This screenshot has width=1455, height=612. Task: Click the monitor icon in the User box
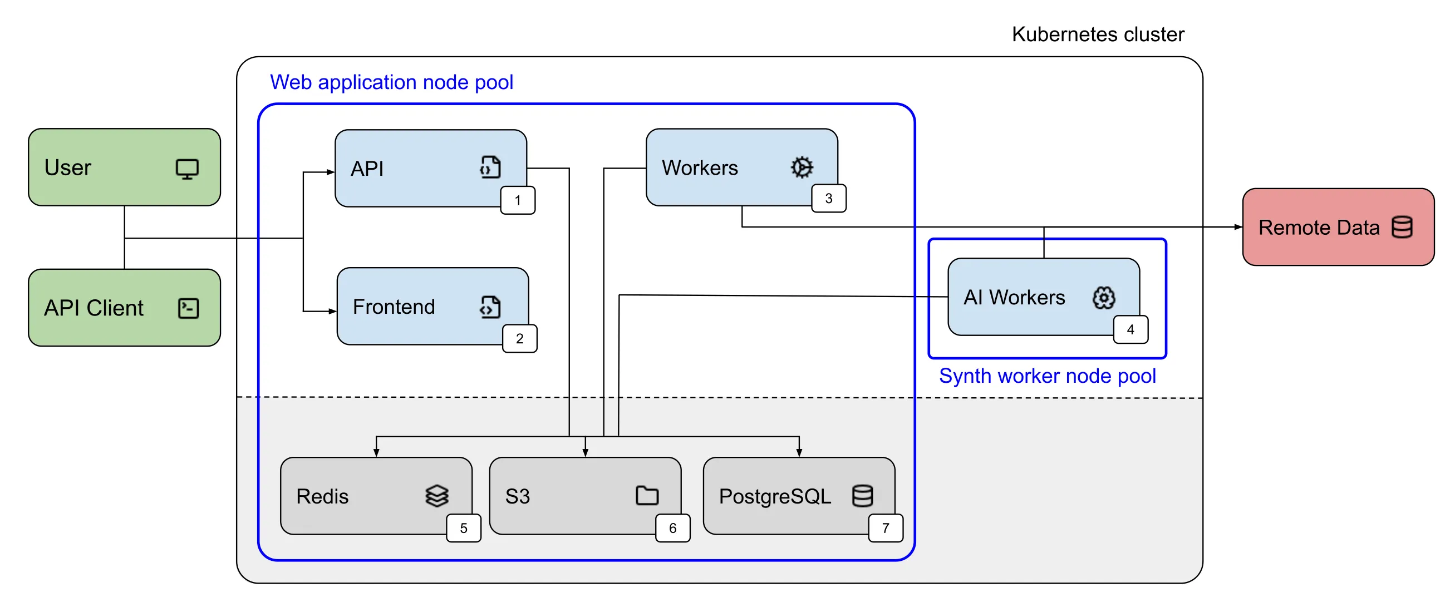tap(187, 169)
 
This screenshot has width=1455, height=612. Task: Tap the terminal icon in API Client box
tap(188, 308)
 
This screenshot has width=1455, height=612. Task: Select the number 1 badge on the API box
tap(518, 200)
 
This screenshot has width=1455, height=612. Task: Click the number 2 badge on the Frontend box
tap(520, 339)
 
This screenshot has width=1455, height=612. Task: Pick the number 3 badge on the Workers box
tap(828, 199)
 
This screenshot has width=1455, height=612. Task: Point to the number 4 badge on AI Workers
tap(1130, 330)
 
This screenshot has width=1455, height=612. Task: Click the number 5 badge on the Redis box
tap(463, 529)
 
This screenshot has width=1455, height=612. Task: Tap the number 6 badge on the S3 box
tap(672, 529)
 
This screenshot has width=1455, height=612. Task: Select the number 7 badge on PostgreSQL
tap(885, 529)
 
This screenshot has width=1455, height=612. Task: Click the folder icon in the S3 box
tap(647, 496)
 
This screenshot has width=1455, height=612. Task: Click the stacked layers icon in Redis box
tap(436, 496)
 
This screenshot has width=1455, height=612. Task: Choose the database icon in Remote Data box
tap(1402, 228)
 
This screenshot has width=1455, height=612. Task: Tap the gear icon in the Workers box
tap(802, 167)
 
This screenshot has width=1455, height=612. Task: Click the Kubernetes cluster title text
tap(1098, 34)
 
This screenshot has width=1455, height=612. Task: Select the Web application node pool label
tap(391, 82)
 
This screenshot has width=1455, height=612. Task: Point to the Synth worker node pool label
tap(1047, 376)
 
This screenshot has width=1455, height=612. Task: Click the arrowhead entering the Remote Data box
tap(1238, 227)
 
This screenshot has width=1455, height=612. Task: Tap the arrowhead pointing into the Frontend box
tap(333, 311)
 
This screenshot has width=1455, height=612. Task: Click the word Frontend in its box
tap(394, 307)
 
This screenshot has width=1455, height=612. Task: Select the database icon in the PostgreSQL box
tap(862, 496)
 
